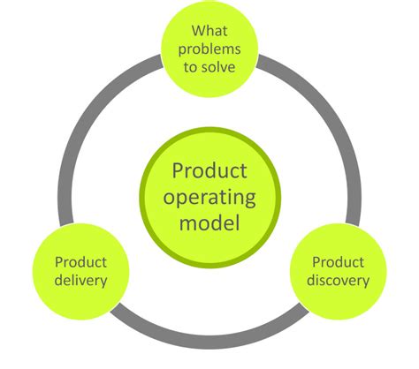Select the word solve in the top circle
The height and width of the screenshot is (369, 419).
click(x=219, y=68)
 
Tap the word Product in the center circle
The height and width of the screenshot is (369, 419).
click(x=209, y=168)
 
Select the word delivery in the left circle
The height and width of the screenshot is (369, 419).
click(x=80, y=281)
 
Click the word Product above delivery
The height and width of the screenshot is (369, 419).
click(x=80, y=262)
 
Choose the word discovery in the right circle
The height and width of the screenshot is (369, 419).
click(x=340, y=281)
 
